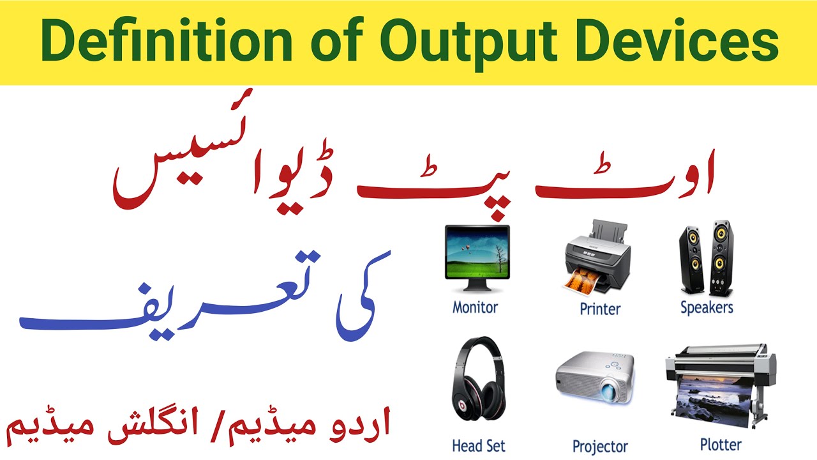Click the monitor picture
477,256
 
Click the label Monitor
475,307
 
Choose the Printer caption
600,309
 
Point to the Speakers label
707,308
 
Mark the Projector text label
600,447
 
